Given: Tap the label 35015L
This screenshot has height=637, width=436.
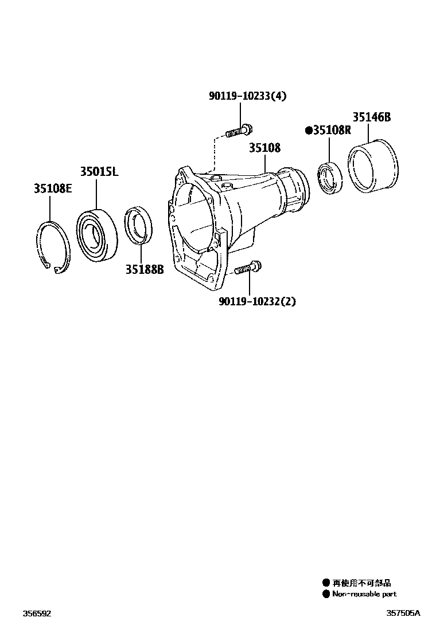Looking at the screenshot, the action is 99,171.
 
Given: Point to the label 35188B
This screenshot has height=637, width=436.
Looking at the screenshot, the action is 145,268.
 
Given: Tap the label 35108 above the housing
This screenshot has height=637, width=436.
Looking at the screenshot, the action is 264,148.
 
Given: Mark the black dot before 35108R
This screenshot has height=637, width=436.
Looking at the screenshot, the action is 309,131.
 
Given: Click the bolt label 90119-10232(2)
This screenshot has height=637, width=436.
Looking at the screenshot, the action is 257,301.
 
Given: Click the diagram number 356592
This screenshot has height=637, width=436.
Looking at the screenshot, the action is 37,613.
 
